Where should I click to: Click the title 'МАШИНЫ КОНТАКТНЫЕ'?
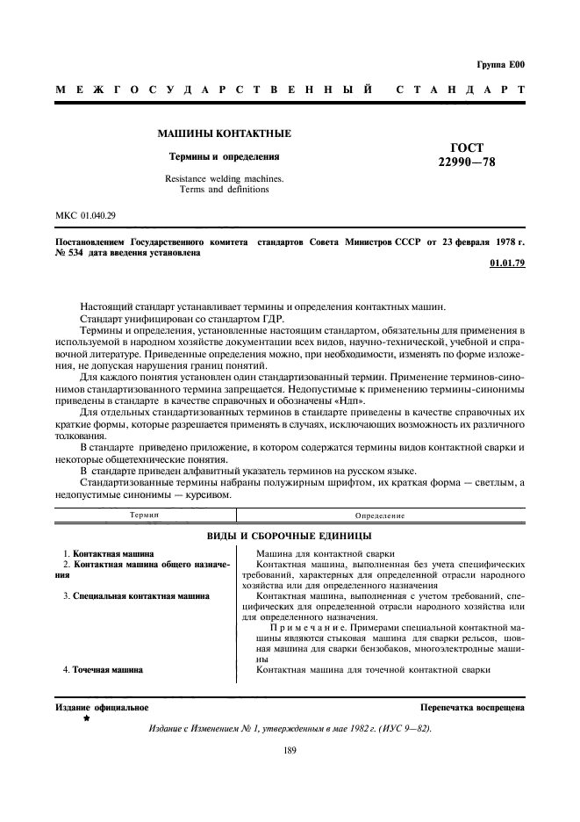tap(224, 134)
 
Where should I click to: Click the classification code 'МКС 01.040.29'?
tap(86, 214)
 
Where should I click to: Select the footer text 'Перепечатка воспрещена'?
tap(472, 707)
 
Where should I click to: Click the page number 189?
tap(290, 750)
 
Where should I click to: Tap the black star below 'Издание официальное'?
tap(86, 718)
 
